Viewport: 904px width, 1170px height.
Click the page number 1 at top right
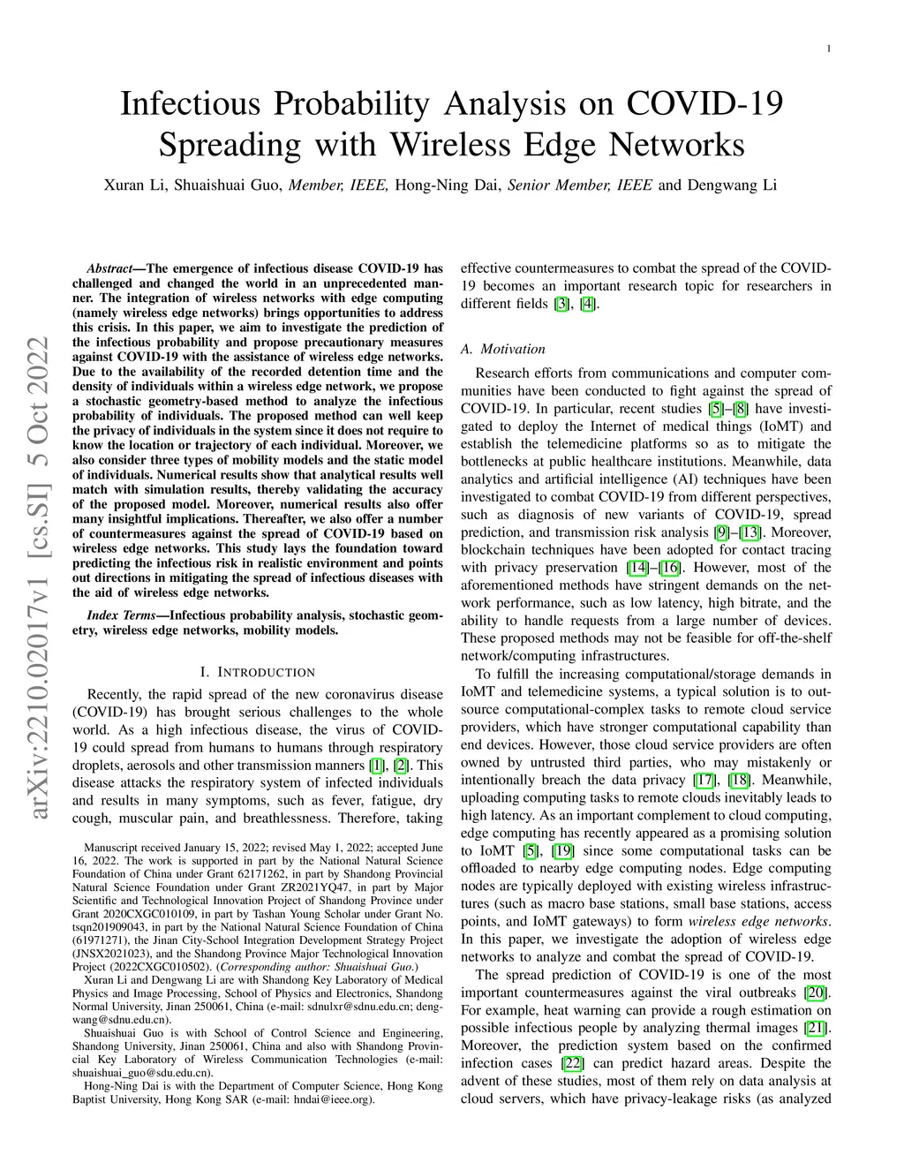[829, 49]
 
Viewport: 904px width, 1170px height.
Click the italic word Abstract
[109, 268]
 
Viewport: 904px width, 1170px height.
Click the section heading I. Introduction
[258, 672]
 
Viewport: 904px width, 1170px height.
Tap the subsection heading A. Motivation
[502, 349]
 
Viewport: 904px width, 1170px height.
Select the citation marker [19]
[563, 850]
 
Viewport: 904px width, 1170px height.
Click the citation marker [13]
[750, 532]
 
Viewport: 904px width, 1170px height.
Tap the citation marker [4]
[588, 304]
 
